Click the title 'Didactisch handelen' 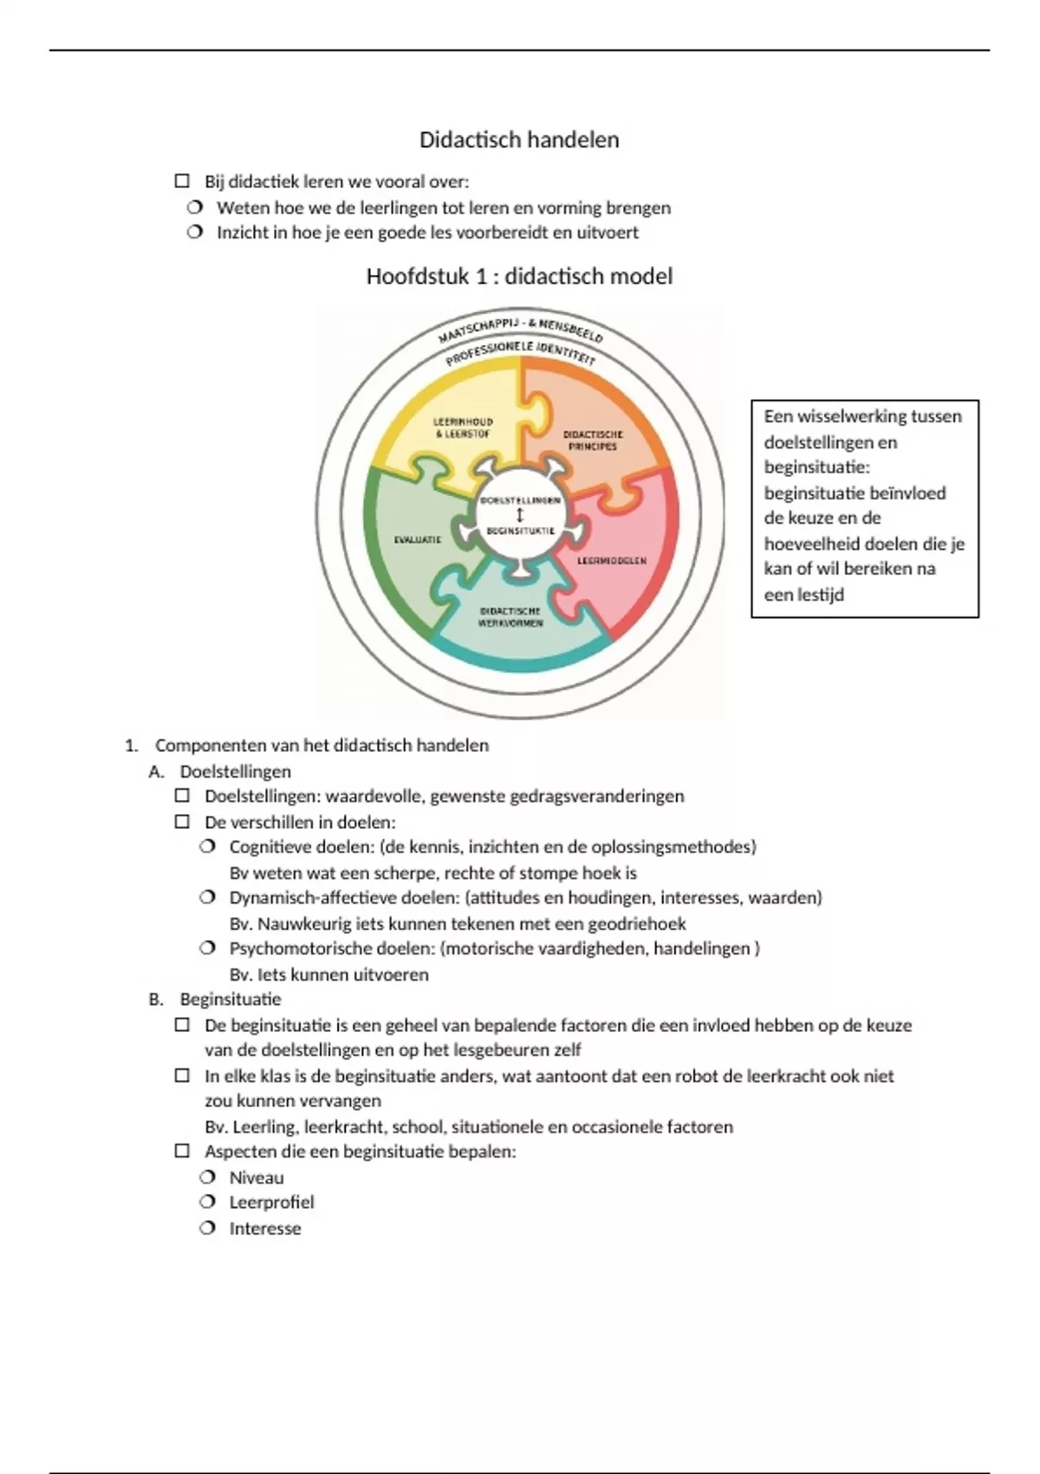519,140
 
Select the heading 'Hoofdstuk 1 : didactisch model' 519,277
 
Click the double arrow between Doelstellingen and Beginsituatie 520,515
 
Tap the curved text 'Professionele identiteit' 520,350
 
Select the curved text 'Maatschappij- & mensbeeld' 520,328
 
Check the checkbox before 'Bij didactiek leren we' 182,181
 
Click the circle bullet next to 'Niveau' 207,1177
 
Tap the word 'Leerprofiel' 271,1202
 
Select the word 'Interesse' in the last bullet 264,1228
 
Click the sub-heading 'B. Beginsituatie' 230,999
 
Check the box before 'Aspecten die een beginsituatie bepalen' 182,1151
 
